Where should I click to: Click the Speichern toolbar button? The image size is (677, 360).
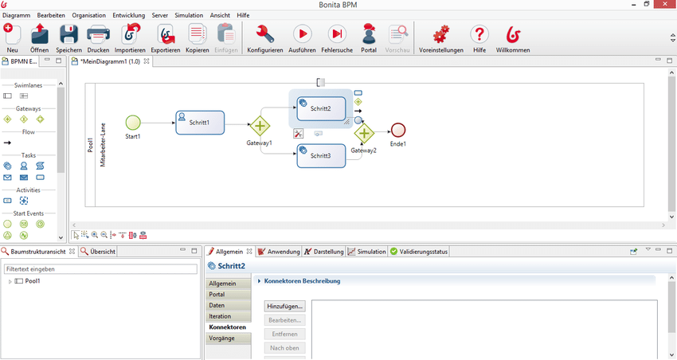tap(68, 38)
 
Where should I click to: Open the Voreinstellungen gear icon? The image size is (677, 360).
tap(440, 34)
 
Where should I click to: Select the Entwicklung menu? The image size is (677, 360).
tap(129, 15)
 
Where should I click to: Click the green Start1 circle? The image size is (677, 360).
tap(133, 123)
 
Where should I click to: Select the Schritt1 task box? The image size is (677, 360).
tap(200, 123)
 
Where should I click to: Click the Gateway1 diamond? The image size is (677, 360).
tap(260, 126)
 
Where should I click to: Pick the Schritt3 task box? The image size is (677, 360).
tap(321, 156)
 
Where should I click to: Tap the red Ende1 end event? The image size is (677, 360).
tap(398, 130)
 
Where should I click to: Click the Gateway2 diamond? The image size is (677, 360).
tap(364, 133)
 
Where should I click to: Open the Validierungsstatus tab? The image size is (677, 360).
tap(419, 251)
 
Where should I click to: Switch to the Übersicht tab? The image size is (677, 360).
tap(98, 251)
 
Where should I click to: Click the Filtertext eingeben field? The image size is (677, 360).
tap(100, 269)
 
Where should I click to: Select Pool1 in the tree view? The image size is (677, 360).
tap(33, 281)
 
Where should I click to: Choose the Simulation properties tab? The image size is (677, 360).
tap(367, 251)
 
